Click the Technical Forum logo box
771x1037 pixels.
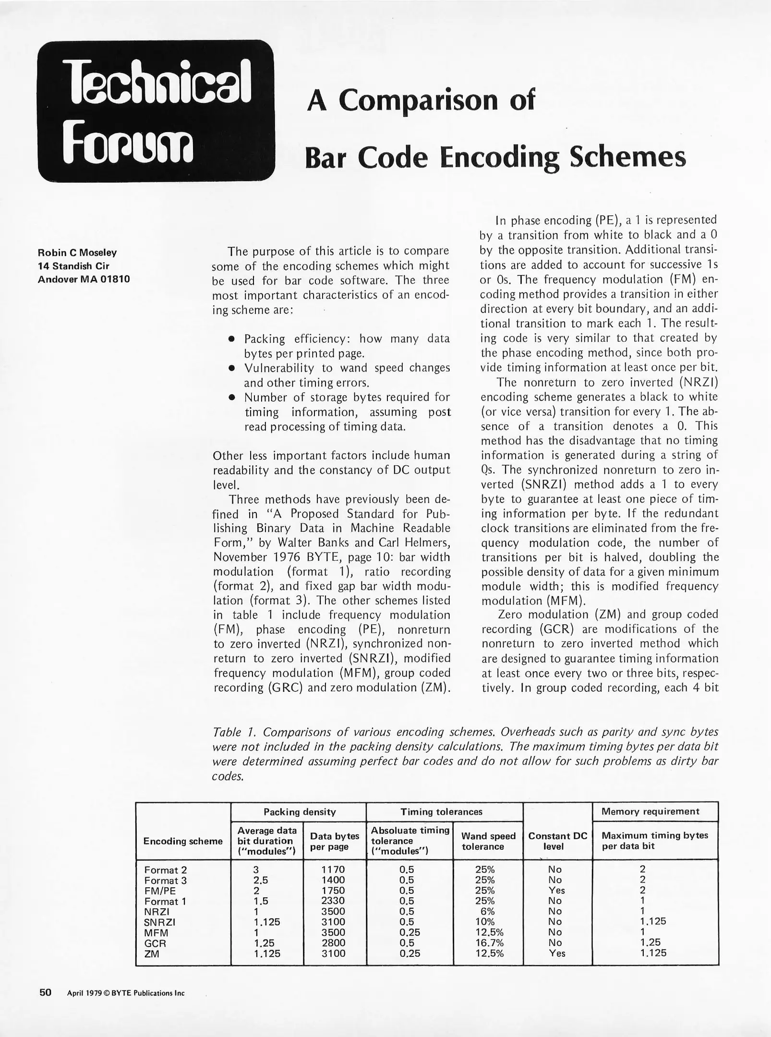pyautogui.click(x=156, y=111)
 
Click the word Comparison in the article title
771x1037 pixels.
pyautogui.click(x=417, y=101)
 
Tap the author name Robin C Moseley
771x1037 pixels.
pyautogui.click(x=77, y=253)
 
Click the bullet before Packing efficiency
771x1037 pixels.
pyautogui.click(x=231, y=339)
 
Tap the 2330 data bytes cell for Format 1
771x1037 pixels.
pyautogui.click(x=333, y=901)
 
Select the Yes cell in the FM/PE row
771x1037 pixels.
pyautogui.click(x=556, y=890)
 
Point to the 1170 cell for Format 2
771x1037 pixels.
pyautogui.click(x=333, y=869)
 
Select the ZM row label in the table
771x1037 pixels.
pyautogui.click(x=152, y=953)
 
